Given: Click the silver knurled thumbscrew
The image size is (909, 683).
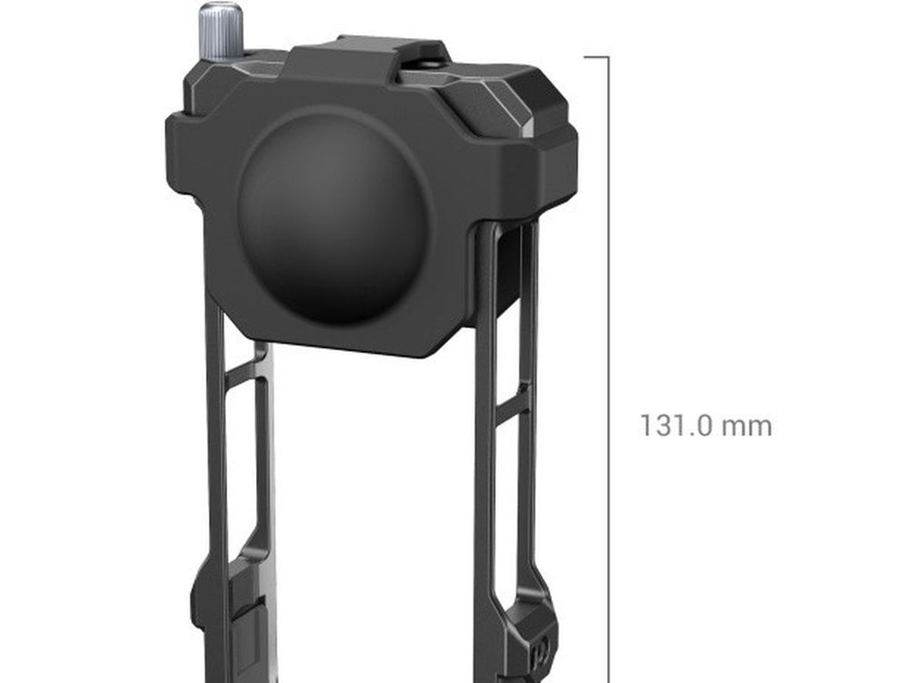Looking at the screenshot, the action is [222, 32].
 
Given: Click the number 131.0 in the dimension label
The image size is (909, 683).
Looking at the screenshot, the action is [675, 426].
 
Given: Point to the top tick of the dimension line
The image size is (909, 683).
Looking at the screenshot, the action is [596, 56].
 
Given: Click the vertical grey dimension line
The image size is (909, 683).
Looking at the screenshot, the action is [609, 369].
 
